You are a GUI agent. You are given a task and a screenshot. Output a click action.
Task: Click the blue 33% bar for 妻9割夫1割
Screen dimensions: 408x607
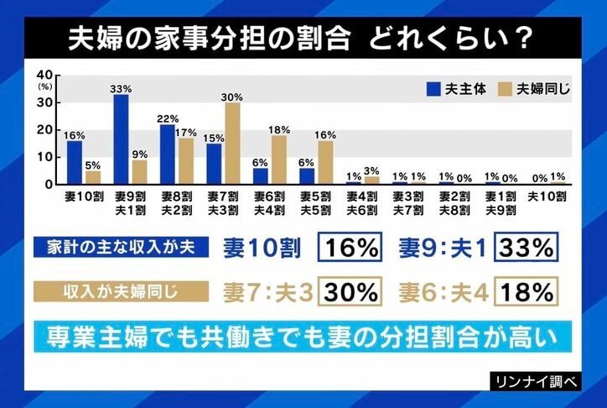121,139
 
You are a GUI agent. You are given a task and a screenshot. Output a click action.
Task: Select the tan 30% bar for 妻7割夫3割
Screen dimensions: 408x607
232,144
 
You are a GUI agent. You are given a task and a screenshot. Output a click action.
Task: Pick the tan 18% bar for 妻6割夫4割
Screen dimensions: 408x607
278,160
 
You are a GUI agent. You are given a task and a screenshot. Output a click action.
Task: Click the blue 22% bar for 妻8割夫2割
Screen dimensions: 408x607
168,154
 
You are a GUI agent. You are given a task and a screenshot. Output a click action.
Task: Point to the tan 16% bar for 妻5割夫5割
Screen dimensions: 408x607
324,162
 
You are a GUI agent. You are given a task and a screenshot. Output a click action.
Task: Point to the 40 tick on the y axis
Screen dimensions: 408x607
46,75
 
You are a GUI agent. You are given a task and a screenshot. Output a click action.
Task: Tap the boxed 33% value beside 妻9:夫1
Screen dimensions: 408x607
526,248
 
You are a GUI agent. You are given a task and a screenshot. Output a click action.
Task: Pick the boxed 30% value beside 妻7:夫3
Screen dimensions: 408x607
351,291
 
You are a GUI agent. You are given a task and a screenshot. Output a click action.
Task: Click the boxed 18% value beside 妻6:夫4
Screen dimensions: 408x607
526,291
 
